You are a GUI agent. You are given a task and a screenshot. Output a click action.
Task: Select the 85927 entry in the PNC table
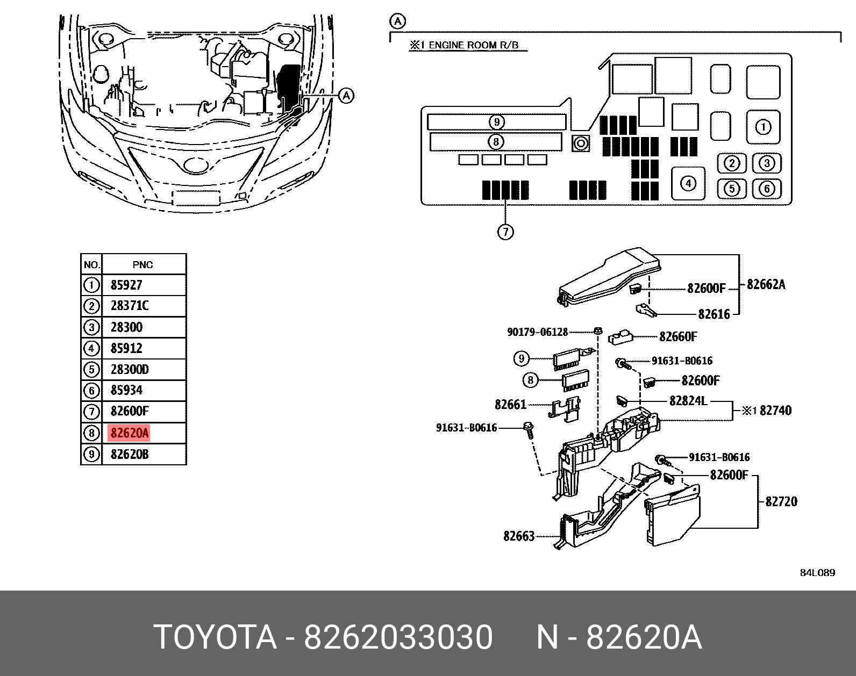(x=126, y=285)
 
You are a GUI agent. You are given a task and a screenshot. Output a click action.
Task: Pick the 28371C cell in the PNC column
(x=130, y=306)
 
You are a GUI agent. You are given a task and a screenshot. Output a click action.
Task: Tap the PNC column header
(x=143, y=264)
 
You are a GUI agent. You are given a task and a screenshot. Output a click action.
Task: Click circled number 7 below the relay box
(x=505, y=232)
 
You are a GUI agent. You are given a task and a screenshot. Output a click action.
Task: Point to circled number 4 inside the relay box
(x=688, y=184)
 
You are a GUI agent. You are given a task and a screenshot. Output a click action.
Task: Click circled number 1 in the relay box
(x=763, y=127)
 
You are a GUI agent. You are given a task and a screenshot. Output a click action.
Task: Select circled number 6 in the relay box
(x=767, y=189)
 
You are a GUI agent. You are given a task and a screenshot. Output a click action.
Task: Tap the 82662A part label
(x=766, y=284)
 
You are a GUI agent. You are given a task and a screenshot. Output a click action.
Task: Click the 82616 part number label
(x=714, y=314)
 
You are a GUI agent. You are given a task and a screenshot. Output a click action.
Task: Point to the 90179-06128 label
(x=537, y=332)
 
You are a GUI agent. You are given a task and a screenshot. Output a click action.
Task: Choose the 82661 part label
(x=510, y=404)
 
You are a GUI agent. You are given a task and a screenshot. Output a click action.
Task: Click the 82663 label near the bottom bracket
(x=519, y=536)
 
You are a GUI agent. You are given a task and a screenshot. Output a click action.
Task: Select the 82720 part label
(x=781, y=501)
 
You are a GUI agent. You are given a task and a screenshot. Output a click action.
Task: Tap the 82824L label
(x=688, y=401)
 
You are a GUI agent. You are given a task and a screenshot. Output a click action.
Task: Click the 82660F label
(x=677, y=337)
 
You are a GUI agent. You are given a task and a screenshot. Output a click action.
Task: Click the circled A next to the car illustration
(x=347, y=96)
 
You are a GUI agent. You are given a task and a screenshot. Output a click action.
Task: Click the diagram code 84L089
(x=817, y=573)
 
